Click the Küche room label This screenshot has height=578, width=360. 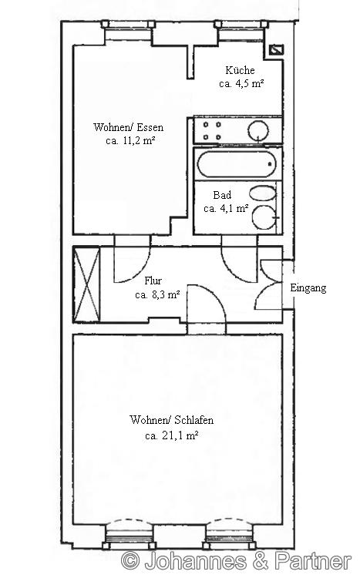[x=240, y=70]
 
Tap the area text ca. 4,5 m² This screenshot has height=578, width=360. [x=241, y=84]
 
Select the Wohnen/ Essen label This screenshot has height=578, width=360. [x=129, y=127]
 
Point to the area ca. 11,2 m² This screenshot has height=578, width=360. [x=130, y=140]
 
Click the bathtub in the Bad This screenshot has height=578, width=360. [x=237, y=164]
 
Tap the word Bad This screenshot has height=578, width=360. [x=222, y=195]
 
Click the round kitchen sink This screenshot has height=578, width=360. [x=258, y=130]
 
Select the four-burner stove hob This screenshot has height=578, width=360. [x=212, y=130]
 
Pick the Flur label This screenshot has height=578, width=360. [x=153, y=281]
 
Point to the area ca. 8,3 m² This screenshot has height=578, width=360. [x=157, y=295]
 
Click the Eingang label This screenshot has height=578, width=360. [x=308, y=288]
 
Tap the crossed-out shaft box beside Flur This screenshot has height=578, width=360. [x=87, y=284]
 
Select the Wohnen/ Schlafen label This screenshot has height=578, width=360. [x=171, y=420]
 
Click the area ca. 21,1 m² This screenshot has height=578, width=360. [x=172, y=436]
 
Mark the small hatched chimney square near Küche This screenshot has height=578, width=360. [x=276, y=49]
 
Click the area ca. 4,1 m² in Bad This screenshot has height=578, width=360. [x=226, y=209]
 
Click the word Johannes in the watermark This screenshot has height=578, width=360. [x=196, y=561]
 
